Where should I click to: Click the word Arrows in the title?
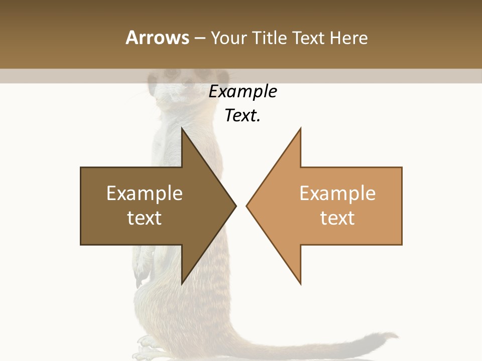pos(157,38)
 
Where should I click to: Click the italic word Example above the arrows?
pos(243,91)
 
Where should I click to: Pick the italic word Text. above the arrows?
pos(243,115)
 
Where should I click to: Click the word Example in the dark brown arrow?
pos(144,194)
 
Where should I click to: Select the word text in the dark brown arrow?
pos(144,218)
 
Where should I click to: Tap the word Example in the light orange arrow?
pos(337,194)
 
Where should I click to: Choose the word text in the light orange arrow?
pos(337,218)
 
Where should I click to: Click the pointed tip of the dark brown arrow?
pos(235,206)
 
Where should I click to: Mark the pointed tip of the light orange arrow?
pos(247,206)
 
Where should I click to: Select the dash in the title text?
pos(199,38)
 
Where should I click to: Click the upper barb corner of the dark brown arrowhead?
pos(182,128)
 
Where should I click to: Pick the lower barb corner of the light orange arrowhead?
pos(300,284)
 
